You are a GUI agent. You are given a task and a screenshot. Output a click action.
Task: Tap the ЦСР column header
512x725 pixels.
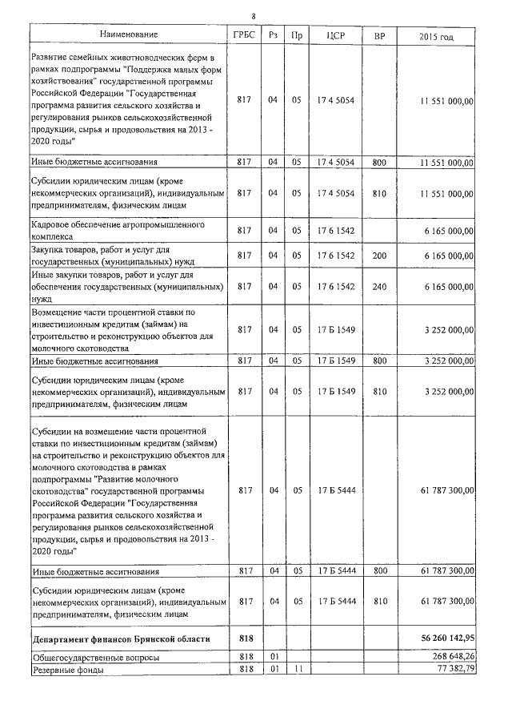coord(336,35)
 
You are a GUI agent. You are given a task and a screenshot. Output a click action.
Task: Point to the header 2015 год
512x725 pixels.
coord(436,36)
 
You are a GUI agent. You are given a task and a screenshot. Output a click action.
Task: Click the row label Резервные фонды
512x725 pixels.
coord(67,669)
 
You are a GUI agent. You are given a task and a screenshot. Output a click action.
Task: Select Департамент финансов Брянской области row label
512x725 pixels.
coord(121,639)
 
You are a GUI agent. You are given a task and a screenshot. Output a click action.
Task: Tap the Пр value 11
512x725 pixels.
coord(297,669)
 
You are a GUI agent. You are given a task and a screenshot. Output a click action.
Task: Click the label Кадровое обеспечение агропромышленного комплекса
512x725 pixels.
coord(118,231)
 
